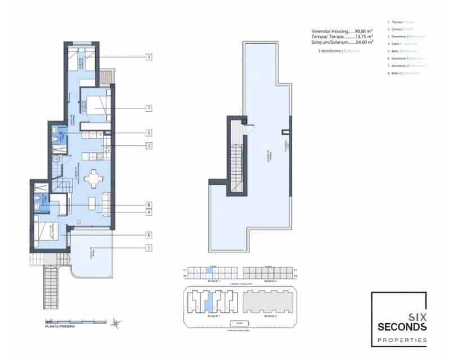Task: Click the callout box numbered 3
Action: [x=149, y=57]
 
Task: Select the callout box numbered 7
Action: [x=149, y=107]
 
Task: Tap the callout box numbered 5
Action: [x=149, y=133]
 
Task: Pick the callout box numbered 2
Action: [x=149, y=146]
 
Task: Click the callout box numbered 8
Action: [x=149, y=205]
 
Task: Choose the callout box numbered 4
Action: [x=149, y=213]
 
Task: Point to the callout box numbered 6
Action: [x=149, y=235]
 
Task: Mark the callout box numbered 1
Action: [x=149, y=248]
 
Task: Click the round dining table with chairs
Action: [x=92, y=179]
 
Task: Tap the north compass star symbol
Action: [x=116, y=323]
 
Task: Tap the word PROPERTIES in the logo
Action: [x=402, y=339]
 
